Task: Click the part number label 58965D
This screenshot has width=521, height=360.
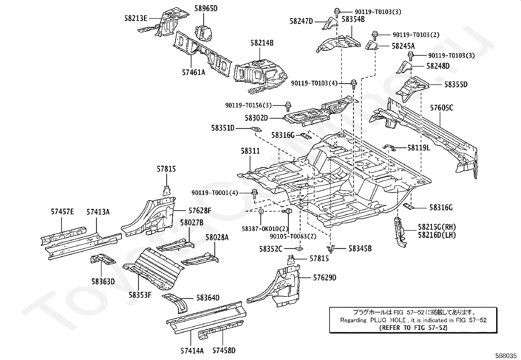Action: pos(206,9)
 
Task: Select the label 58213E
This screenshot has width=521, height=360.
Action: pos(136,18)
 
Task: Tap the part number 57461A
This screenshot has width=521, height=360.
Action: pos(193,72)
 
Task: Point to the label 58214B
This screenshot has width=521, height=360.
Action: pos(262,43)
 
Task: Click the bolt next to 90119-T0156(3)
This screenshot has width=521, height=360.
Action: pos(288,107)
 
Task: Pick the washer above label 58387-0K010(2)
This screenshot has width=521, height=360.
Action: pos(261,211)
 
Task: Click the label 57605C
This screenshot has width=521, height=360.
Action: pos(441,108)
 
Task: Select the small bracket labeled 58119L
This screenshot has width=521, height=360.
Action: pos(389,147)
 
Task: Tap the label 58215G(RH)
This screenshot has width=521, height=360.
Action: pos(437,227)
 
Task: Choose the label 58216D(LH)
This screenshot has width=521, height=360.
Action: pos(437,235)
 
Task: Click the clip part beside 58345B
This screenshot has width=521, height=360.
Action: pos(331,249)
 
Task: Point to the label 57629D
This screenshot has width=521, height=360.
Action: pos(325,277)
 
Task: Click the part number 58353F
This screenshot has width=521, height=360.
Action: pos(140,295)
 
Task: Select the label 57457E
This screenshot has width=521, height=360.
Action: pos(62,212)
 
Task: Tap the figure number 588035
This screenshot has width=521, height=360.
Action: pos(506,356)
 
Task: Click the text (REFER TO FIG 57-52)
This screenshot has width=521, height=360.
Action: pos(413,328)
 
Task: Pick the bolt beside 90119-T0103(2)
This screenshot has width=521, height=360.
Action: pos(374,36)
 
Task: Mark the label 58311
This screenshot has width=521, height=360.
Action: pos(250,151)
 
